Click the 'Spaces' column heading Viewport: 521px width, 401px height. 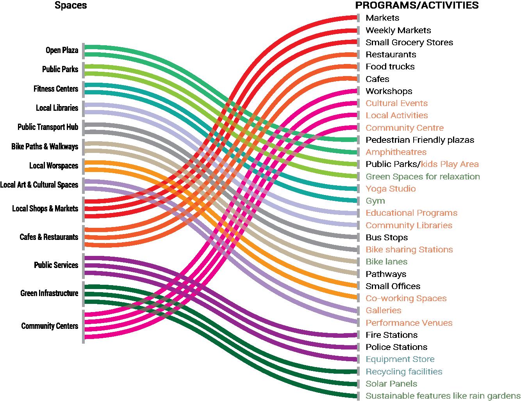(71, 5)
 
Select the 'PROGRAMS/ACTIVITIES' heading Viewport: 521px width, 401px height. (417, 5)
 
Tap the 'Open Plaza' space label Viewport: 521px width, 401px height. (62, 50)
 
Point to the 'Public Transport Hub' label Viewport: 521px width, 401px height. (48, 127)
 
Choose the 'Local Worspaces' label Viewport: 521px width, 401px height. (54, 166)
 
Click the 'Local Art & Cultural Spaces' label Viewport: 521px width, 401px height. (39, 185)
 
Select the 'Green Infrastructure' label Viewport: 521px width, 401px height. (49, 293)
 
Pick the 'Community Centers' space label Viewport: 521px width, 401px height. (50, 326)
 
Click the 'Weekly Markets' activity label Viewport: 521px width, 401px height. (398, 30)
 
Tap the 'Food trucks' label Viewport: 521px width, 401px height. (390, 67)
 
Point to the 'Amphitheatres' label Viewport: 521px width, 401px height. (396, 152)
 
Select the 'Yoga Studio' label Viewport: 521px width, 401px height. (391, 189)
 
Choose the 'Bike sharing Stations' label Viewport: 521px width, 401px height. (409, 250)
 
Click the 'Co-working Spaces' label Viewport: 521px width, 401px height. (406, 298)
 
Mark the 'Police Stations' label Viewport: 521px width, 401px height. (396, 347)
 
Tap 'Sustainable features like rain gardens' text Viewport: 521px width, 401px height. (442, 396)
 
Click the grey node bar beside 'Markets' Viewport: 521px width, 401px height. (358, 18)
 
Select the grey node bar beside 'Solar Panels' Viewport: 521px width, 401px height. (358, 384)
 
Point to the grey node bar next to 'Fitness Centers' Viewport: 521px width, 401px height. (83, 89)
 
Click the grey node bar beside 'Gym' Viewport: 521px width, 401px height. (358, 201)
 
